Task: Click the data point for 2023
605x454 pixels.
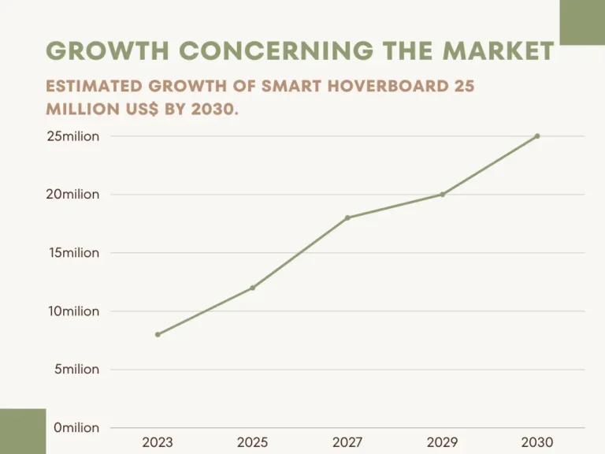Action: pyautogui.click(x=158, y=334)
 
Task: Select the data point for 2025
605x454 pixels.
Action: pyautogui.click(x=253, y=288)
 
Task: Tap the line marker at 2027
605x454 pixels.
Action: pyautogui.click(x=347, y=218)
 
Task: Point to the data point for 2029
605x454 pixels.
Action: pyautogui.click(x=443, y=194)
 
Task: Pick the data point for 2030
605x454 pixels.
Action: pyautogui.click(x=537, y=136)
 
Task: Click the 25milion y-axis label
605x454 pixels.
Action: pyautogui.click(x=72, y=136)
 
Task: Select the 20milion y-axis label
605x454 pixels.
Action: pyautogui.click(x=72, y=195)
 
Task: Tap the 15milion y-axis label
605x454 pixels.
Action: pyautogui.click(x=73, y=253)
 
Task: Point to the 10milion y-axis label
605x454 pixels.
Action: pyautogui.click(x=73, y=311)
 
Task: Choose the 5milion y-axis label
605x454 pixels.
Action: pyautogui.click(x=76, y=370)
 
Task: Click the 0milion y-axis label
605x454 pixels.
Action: pyautogui.click(x=76, y=428)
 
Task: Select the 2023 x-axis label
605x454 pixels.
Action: pyautogui.click(x=158, y=443)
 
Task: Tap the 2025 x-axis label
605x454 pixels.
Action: pyautogui.click(x=253, y=443)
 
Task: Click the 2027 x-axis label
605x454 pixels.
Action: pyautogui.click(x=347, y=443)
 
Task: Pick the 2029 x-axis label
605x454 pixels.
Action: pyautogui.click(x=443, y=443)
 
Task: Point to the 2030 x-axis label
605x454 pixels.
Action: pyautogui.click(x=537, y=443)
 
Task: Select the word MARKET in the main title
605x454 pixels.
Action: pyautogui.click(x=498, y=51)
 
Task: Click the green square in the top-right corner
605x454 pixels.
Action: pyautogui.click(x=582, y=22)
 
